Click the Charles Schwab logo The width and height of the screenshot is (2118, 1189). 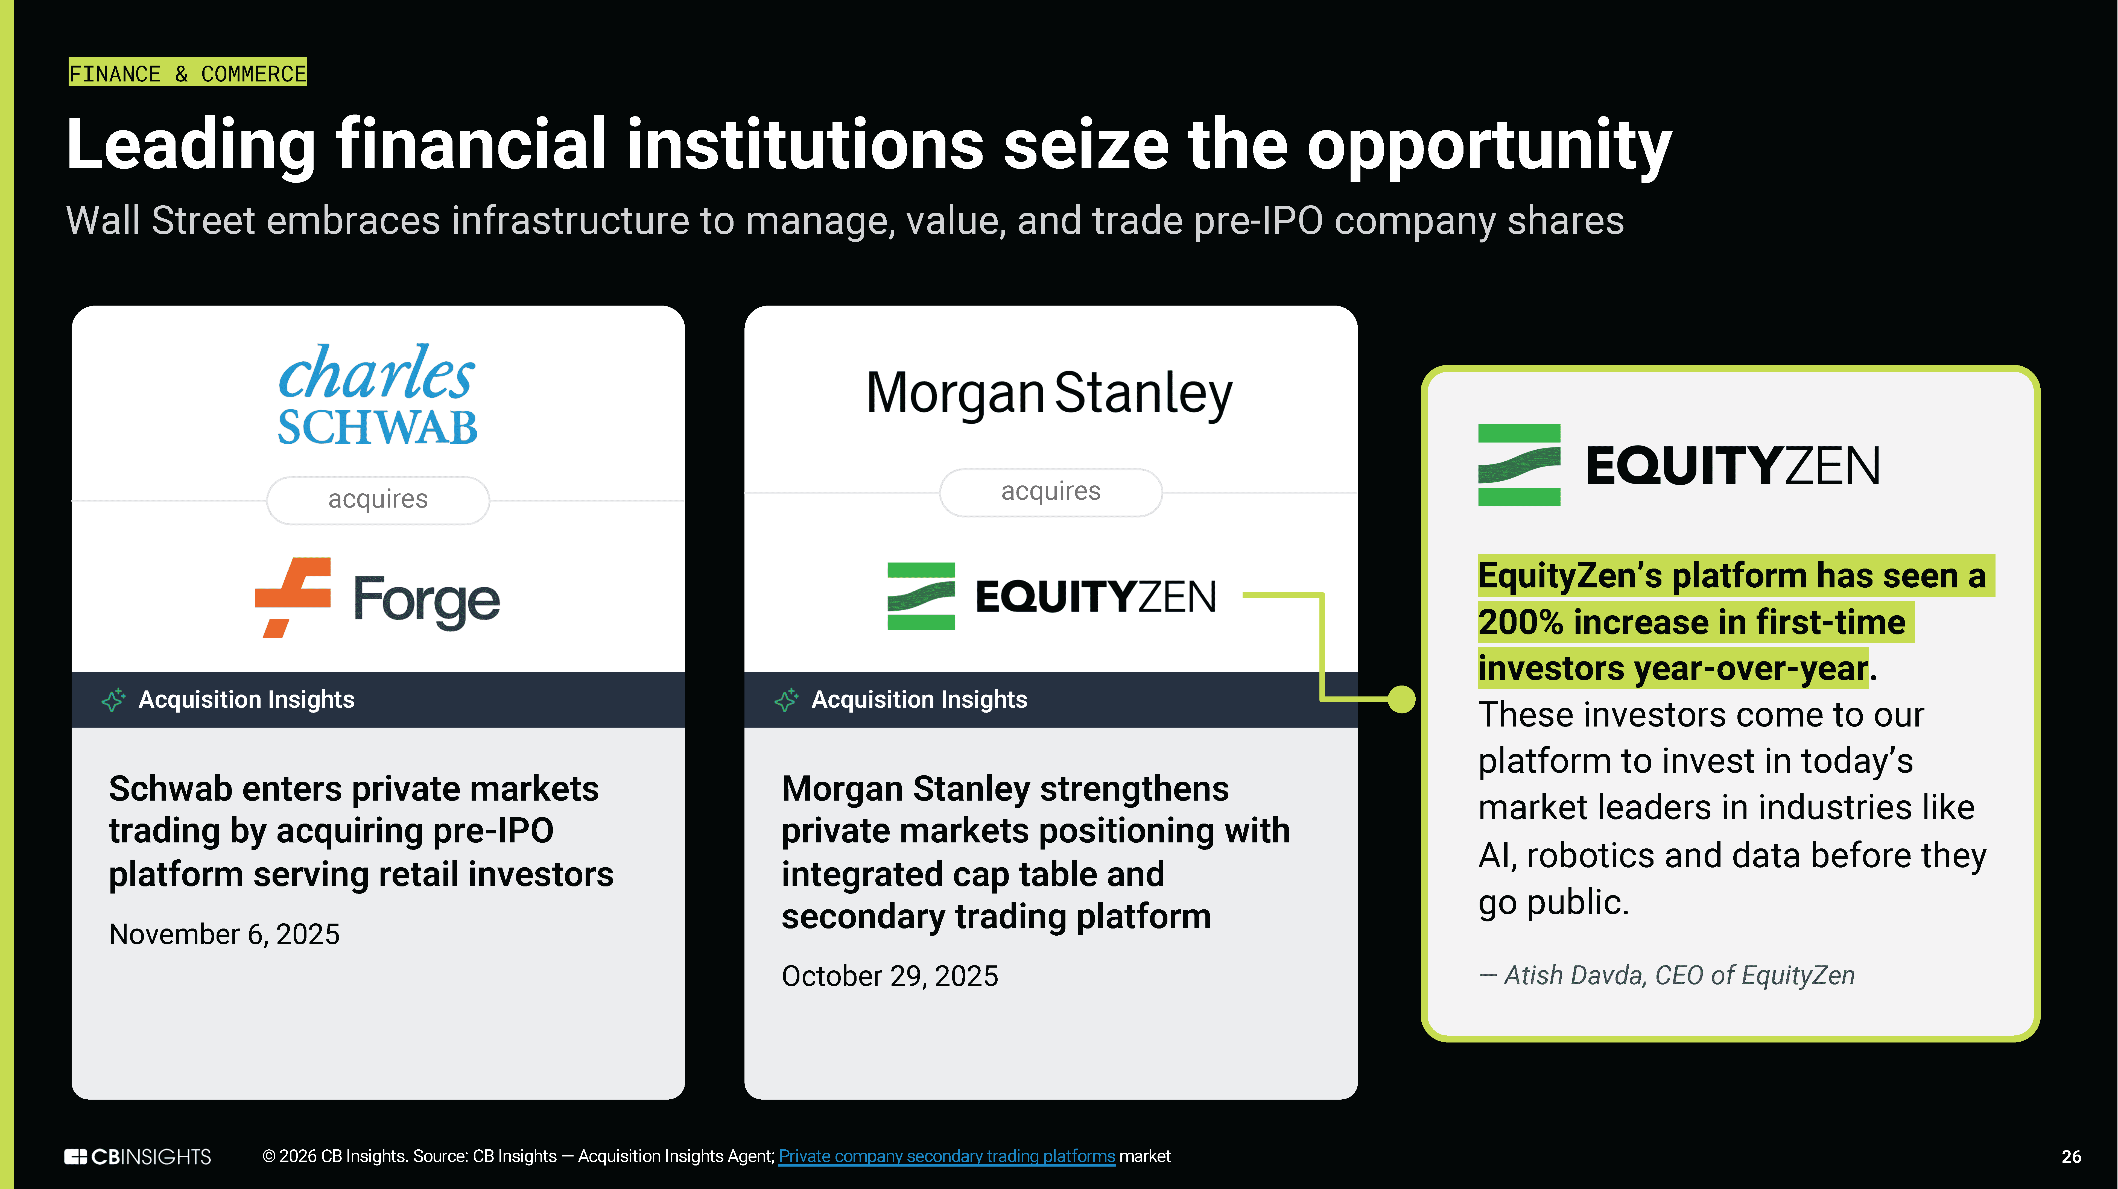(x=377, y=395)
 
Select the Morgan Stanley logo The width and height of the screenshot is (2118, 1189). (x=1050, y=394)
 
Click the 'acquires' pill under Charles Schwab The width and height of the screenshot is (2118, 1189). (x=378, y=499)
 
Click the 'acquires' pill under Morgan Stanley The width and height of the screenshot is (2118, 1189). (x=1051, y=492)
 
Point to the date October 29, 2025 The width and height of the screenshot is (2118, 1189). (x=890, y=976)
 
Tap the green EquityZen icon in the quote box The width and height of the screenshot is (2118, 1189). (x=1519, y=465)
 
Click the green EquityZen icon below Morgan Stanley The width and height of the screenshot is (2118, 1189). (x=921, y=596)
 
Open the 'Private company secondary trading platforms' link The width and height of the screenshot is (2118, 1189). (x=947, y=1156)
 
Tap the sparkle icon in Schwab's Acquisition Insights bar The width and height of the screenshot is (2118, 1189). (x=113, y=700)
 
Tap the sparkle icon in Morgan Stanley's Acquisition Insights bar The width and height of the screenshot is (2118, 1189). (x=786, y=700)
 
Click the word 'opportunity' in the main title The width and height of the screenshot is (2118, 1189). (x=1489, y=146)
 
